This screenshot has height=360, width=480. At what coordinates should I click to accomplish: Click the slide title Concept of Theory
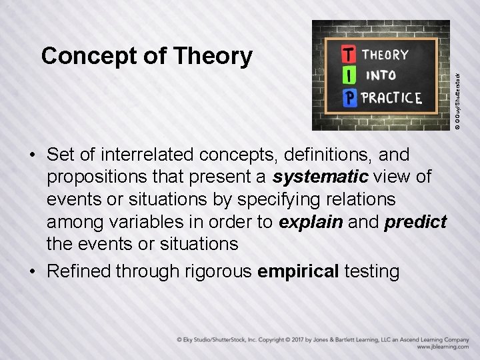[147, 56]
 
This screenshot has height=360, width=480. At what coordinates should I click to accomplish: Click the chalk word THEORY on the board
[386, 54]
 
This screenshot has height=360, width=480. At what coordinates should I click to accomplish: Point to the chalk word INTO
[380, 75]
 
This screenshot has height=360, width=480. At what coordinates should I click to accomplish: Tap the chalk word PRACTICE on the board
[391, 98]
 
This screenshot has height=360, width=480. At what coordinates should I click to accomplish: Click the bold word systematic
[321, 177]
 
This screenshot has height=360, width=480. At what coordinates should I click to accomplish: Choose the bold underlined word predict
[415, 221]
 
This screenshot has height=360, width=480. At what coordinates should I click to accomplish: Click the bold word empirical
[297, 271]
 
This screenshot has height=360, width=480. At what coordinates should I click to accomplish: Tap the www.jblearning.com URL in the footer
[443, 347]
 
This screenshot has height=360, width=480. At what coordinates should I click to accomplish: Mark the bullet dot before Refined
[32, 272]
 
